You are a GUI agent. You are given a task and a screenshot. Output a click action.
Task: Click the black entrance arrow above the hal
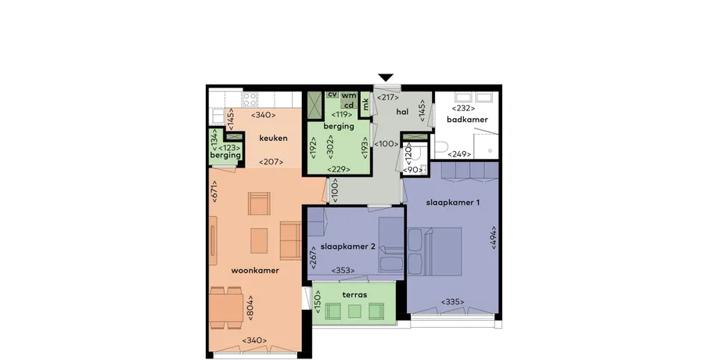[x=386, y=77]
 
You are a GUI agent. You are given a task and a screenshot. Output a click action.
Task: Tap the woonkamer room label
[x=255, y=271]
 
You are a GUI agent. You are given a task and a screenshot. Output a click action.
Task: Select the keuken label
[x=273, y=139]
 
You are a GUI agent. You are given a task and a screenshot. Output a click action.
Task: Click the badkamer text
[x=467, y=120]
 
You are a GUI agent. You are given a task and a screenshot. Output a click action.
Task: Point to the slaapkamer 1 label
[x=453, y=203]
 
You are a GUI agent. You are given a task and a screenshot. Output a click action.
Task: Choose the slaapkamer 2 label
[x=348, y=247]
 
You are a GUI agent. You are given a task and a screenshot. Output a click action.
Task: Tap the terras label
[x=354, y=295]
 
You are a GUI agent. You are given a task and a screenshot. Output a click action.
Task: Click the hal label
[x=402, y=112]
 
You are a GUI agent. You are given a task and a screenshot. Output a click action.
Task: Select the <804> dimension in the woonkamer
[x=250, y=308]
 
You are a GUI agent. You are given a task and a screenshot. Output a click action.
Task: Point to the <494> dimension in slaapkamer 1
[x=494, y=237]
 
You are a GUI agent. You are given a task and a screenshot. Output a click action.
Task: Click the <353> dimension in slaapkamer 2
[x=343, y=271]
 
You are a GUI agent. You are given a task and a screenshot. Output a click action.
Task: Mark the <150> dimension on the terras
[x=317, y=301]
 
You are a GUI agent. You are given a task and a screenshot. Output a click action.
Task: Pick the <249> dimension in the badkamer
[x=459, y=154]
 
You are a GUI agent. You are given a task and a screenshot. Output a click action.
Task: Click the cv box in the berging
[x=332, y=95]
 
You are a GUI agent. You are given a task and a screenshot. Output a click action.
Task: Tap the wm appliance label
[x=349, y=95]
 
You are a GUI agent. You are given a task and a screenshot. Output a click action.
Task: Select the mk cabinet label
[x=366, y=104]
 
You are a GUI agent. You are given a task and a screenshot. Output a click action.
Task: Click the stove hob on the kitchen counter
[x=250, y=99]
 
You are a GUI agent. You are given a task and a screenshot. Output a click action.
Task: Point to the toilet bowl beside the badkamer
[x=440, y=147]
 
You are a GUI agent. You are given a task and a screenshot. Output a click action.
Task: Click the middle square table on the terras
[x=354, y=311]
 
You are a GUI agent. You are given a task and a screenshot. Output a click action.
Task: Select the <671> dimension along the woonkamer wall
[x=214, y=191]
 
